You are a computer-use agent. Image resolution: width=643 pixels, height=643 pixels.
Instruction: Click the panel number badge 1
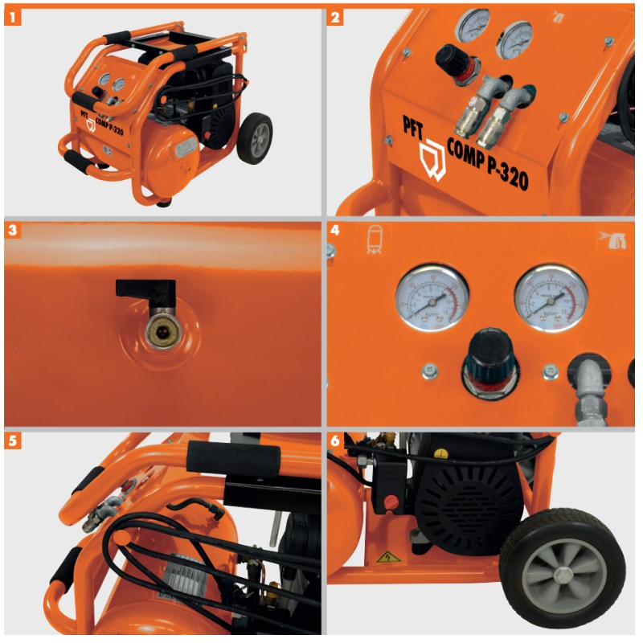12,15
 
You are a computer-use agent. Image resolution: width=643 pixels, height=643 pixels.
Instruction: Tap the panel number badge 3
12,229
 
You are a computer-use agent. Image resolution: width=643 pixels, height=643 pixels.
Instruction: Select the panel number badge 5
12,440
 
